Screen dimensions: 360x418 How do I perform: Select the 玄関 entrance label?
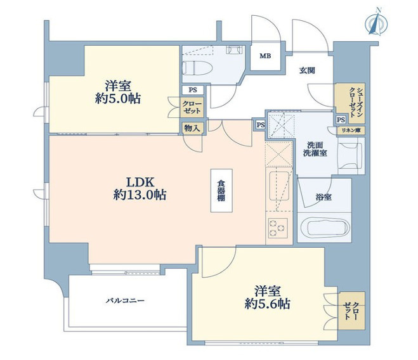click(x=308, y=70)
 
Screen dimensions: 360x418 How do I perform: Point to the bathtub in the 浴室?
click(x=324, y=228)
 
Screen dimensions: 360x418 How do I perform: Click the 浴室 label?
click(x=323, y=198)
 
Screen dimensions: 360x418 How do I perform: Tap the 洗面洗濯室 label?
click(x=315, y=149)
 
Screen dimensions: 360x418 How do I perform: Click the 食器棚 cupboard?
click(x=221, y=190)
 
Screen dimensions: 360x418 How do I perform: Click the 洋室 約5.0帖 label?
click(x=119, y=93)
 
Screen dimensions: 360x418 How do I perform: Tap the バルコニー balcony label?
click(x=124, y=300)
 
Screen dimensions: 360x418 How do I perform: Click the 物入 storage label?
click(x=192, y=128)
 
